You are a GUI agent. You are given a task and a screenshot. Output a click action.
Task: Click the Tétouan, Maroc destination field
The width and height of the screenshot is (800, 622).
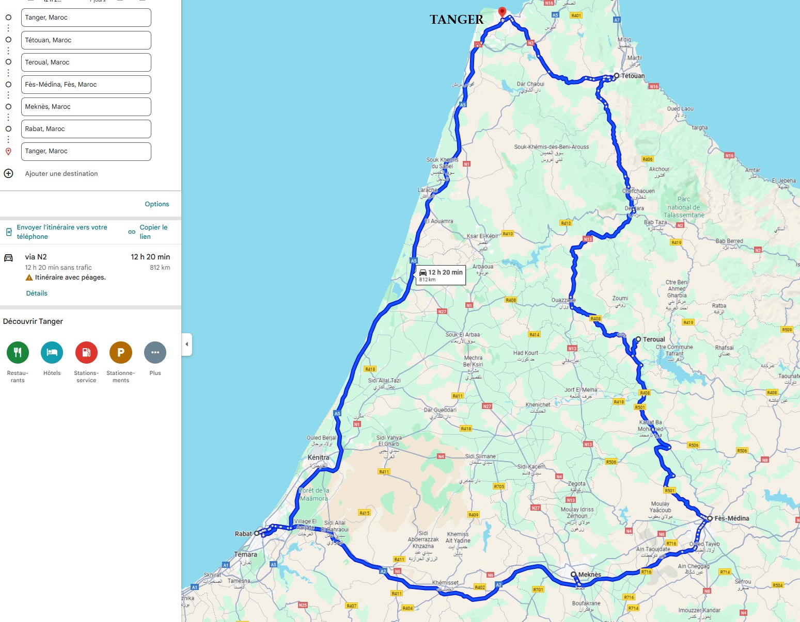(86, 40)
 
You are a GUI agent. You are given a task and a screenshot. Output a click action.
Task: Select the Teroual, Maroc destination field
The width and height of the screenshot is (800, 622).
(86, 62)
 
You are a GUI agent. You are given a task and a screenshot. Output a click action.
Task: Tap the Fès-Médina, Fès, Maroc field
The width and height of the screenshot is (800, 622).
(86, 85)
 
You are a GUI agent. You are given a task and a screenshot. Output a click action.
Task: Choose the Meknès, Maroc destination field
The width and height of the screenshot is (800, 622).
(86, 107)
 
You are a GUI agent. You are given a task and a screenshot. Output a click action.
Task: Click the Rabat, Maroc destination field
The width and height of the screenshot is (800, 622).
(86, 129)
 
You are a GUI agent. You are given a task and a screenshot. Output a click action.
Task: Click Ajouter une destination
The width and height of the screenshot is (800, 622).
(61, 174)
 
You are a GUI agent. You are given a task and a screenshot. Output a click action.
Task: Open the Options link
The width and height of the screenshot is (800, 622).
(156, 204)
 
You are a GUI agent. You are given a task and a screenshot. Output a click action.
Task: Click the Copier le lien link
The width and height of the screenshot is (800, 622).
(153, 232)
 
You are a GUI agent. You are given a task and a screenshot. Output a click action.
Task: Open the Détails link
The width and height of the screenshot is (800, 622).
(37, 293)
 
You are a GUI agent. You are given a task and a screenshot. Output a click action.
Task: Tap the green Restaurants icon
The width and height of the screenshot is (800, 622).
(18, 353)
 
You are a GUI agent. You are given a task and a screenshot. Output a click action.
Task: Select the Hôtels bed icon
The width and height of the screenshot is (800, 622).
(52, 353)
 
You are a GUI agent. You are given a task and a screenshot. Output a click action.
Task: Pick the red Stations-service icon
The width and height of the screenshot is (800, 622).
(86, 353)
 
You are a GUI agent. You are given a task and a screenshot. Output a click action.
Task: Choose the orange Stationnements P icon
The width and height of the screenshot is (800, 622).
(121, 353)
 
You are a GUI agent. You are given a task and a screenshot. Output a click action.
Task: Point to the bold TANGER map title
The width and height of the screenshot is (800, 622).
(457, 20)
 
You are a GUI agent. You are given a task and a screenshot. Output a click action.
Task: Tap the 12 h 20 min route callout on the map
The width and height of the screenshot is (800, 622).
(441, 275)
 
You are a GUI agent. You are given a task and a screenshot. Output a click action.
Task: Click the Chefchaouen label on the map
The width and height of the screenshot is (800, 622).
(638, 191)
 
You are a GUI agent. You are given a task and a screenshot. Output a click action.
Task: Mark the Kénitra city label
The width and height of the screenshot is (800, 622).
(318, 457)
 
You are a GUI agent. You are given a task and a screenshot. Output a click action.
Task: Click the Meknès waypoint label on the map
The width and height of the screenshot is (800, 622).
(589, 575)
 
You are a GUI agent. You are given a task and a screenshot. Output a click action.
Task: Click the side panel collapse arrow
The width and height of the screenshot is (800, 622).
(187, 344)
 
